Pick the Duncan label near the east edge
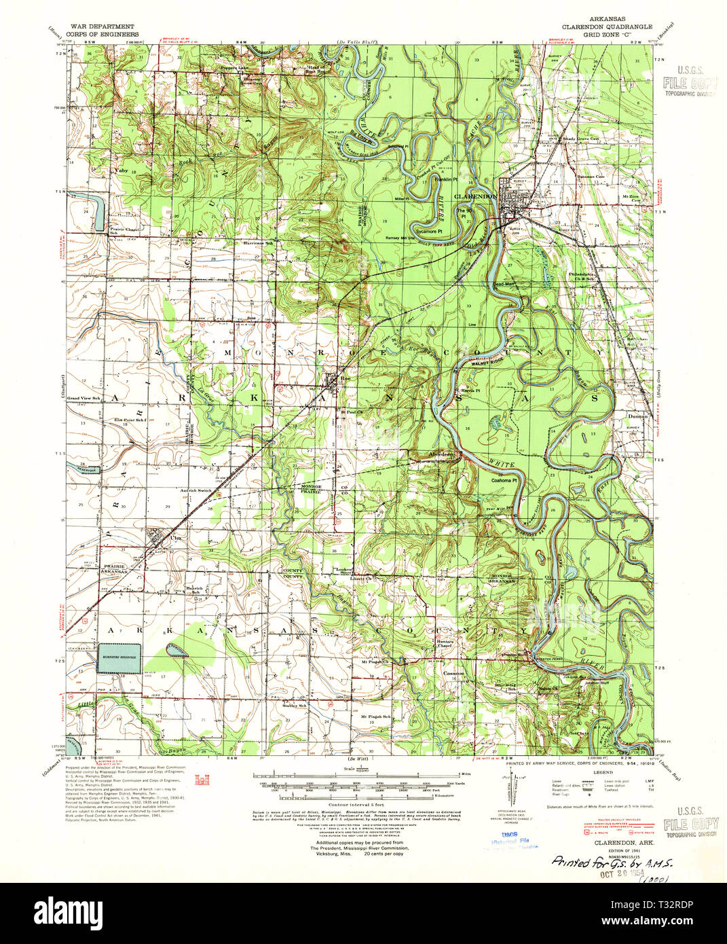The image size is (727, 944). (x=637, y=416)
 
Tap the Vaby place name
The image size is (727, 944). (x=123, y=170)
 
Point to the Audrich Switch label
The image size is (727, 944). (x=196, y=490)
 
